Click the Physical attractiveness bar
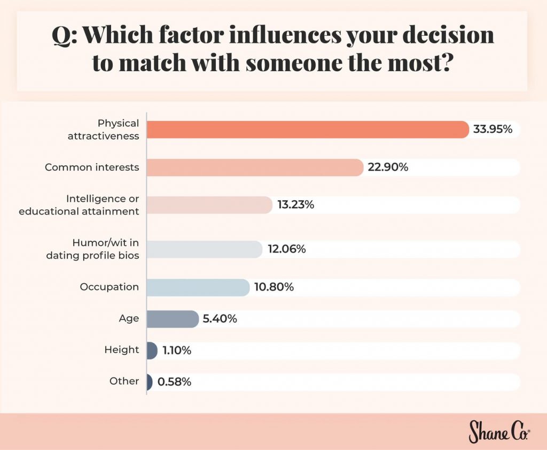tap(307, 129)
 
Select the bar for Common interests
tap(254, 167)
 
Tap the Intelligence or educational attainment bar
tap(209, 205)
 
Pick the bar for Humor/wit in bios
tap(204, 249)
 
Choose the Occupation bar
tap(198, 287)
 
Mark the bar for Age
tap(172, 319)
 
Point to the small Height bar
tap(152, 350)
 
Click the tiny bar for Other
tap(149, 382)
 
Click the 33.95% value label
tap(493, 129)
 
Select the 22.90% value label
tap(388, 167)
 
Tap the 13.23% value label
tap(295, 205)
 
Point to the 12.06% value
tap(286, 249)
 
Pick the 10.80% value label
tap(274, 287)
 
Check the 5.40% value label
tap(220, 319)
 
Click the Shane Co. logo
tap(499, 431)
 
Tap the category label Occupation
tap(110, 287)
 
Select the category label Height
tap(122, 350)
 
